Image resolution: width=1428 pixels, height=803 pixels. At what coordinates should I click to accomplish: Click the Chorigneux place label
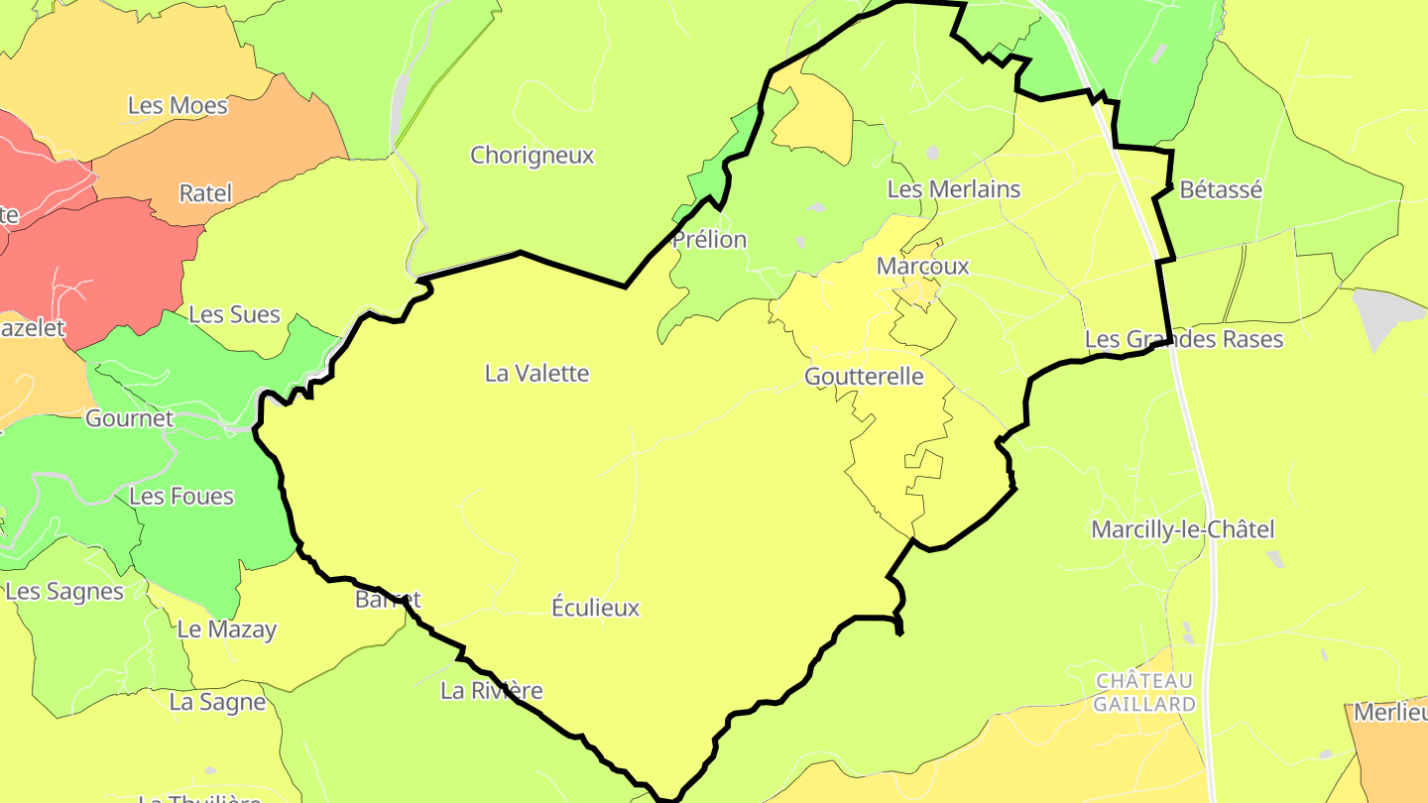(532, 156)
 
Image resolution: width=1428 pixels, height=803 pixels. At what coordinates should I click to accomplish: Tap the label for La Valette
(536, 374)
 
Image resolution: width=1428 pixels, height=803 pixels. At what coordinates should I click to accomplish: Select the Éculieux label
(595, 608)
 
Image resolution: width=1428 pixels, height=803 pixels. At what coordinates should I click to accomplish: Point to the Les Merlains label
(953, 189)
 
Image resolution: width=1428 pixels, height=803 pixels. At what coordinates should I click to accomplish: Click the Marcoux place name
(922, 267)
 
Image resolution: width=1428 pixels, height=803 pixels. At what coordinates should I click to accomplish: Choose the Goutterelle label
(864, 377)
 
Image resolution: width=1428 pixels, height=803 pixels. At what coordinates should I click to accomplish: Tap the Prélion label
(709, 240)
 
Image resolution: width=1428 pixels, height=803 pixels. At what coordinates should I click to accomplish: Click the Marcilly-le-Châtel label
(1182, 529)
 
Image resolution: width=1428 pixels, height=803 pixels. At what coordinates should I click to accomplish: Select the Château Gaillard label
(1144, 692)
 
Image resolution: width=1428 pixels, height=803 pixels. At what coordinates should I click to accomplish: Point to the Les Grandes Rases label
(1183, 340)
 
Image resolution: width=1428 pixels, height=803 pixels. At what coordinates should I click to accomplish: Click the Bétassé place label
(1221, 189)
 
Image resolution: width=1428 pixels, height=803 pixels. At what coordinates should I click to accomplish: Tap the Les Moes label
(178, 106)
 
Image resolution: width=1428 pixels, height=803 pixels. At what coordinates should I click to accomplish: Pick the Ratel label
(205, 193)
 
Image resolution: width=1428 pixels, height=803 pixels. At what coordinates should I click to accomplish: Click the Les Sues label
(234, 315)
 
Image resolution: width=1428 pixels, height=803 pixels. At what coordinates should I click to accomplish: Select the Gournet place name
(129, 418)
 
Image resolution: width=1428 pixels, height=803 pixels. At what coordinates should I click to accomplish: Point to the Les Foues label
(181, 496)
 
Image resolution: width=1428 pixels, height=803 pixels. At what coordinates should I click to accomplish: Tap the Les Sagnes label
(64, 592)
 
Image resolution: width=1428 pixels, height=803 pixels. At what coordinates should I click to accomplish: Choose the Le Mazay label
(227, 630)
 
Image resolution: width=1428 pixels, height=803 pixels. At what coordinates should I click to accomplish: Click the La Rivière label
(491, 691)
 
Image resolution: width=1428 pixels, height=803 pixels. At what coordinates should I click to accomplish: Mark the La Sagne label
(217, 703)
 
